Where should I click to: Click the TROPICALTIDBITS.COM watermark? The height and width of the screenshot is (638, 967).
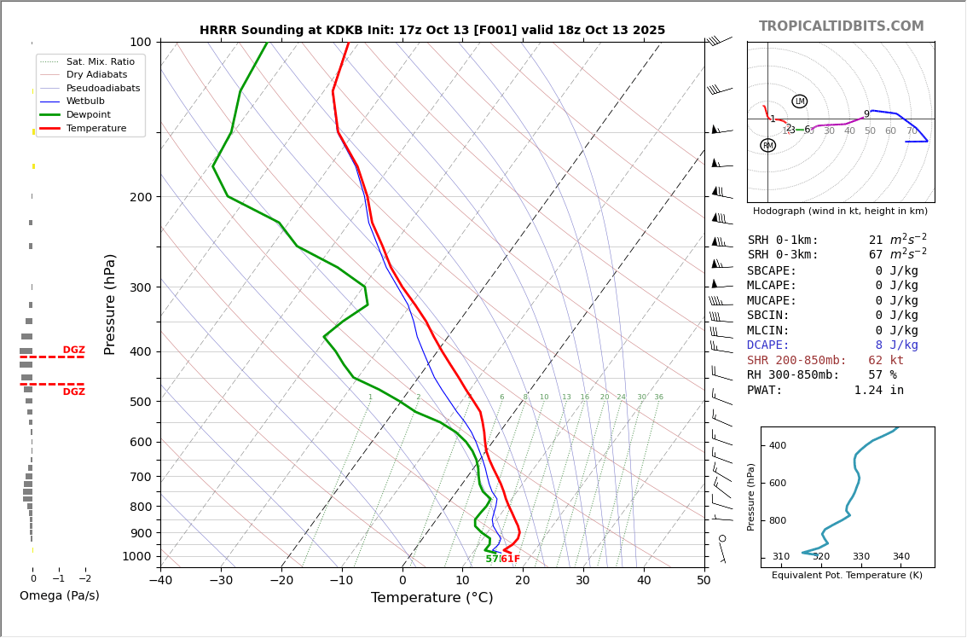click(841, 26)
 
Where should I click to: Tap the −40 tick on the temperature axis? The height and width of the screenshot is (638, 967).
click(160, 581)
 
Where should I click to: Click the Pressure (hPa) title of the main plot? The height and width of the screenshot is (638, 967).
click(110, 304)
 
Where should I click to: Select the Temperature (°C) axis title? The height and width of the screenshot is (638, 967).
click(431, 598)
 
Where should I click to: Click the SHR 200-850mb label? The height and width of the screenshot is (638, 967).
click(796, 360)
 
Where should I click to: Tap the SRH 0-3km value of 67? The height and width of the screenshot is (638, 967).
click(876, 255)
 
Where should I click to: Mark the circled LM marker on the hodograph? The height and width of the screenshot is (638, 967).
click(799, 101)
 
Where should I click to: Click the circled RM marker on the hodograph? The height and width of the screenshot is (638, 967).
click(767, 146)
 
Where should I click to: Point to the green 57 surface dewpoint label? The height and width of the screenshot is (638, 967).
click(491, 559)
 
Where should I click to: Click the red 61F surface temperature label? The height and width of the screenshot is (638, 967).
click(510, 559)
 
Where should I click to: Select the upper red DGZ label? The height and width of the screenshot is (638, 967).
click(73, 350)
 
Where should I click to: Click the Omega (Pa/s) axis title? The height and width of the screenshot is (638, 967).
click(59, 595)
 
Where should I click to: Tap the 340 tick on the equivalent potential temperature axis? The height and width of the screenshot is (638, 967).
click(900, 557)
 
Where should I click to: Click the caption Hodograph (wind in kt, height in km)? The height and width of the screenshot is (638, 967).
click(840, 211)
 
